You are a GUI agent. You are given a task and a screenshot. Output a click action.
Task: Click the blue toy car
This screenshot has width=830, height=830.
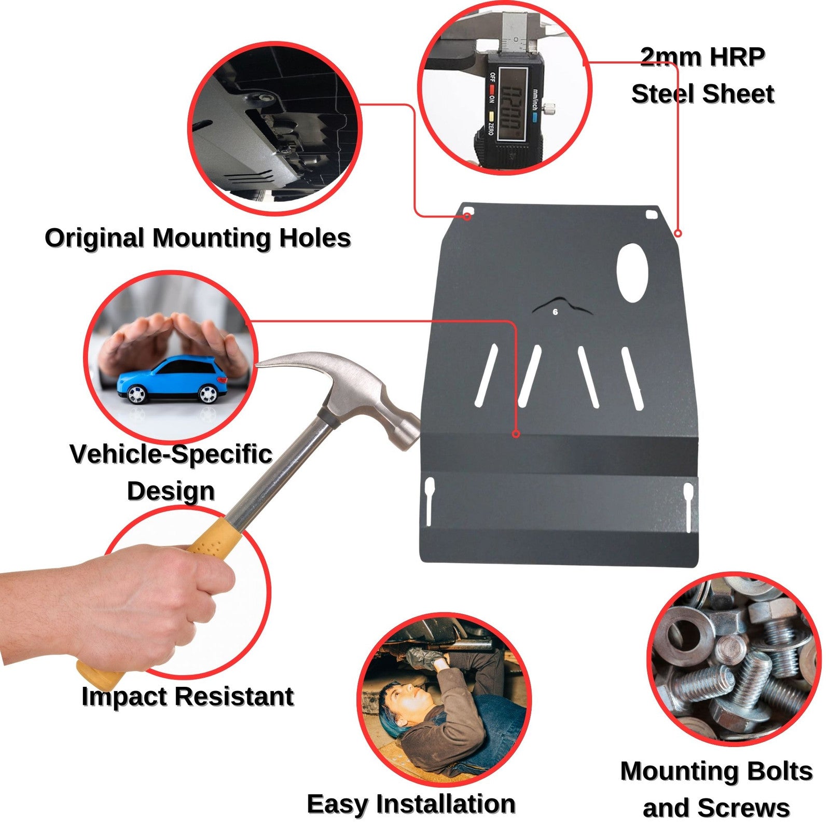coord(172,380)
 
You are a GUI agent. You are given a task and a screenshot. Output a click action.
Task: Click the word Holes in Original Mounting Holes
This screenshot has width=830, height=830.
coord(315,238)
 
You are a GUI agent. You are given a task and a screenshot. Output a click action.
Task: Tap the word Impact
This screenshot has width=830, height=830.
coord(125,698)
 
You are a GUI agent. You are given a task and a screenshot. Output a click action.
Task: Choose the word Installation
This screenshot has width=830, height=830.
coord(446,804)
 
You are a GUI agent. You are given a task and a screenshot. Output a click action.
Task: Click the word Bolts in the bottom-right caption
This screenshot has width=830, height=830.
coord(778,771)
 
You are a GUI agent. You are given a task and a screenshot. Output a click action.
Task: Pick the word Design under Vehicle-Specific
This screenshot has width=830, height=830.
coord(171,492)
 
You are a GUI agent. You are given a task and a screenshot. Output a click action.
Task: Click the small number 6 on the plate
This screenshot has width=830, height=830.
coord(556,312)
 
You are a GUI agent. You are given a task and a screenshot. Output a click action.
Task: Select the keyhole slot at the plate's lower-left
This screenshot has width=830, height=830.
coord(430,501)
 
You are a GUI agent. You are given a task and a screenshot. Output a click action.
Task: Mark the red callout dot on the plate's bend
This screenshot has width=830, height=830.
coord(516,434)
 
